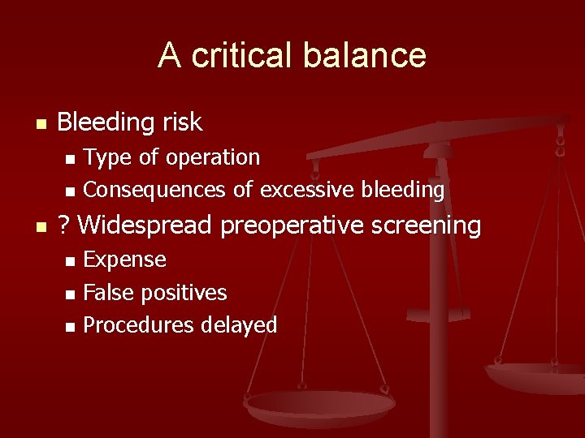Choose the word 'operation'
215,157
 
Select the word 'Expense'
124,260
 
